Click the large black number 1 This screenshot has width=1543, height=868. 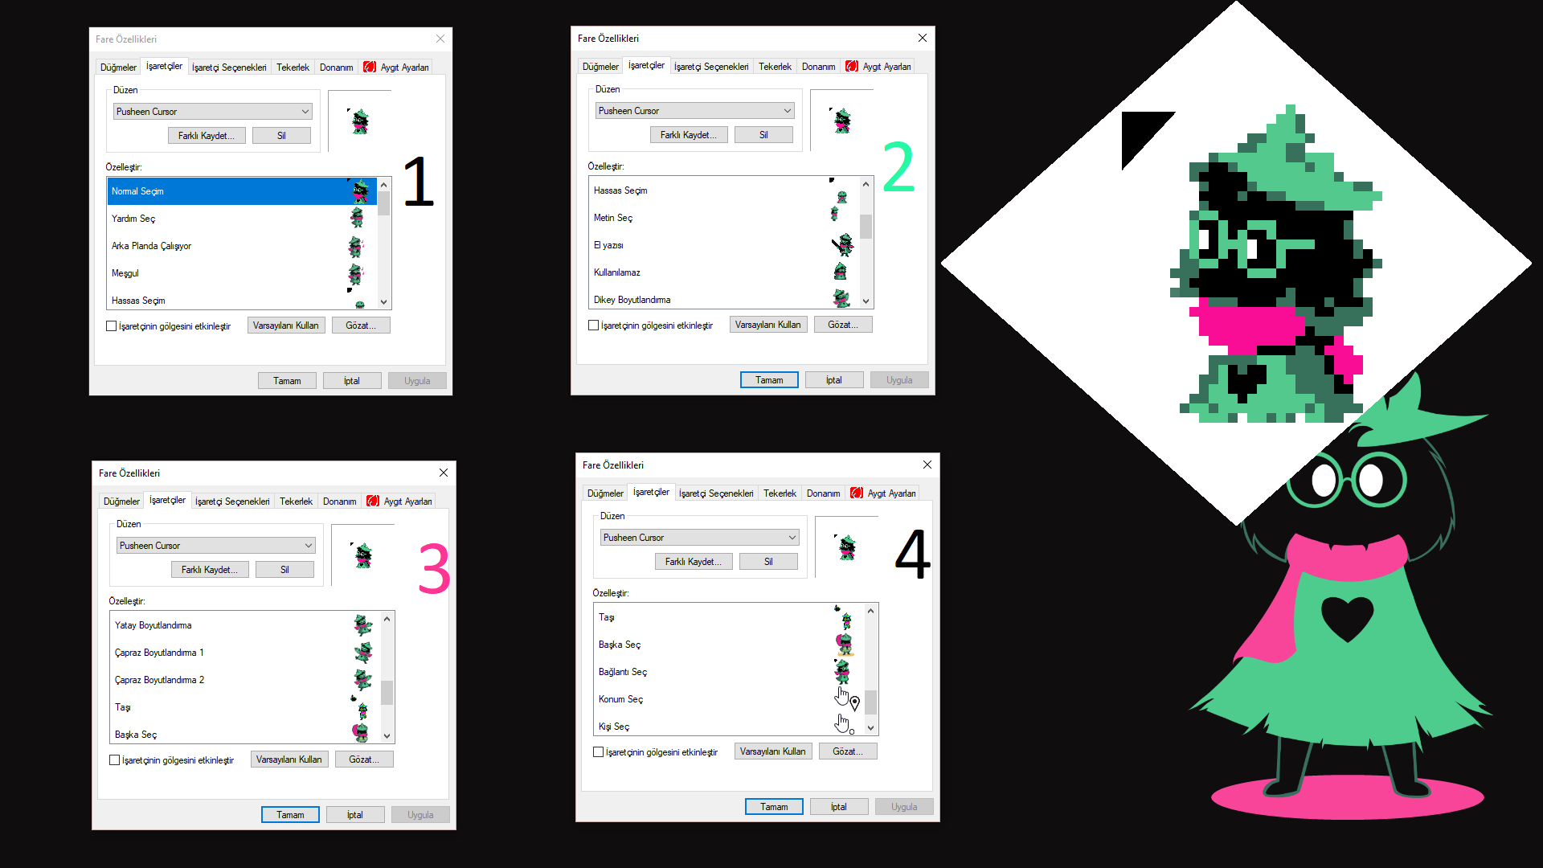419,182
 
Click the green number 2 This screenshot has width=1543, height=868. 898,167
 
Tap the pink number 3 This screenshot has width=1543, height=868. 434,569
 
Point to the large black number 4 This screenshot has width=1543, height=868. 913,554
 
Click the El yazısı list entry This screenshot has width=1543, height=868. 608,245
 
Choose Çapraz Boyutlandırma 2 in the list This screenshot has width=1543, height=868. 159,680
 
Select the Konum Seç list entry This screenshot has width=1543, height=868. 620,699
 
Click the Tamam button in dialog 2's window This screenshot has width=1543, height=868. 768,380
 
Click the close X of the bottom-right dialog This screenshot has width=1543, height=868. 927,465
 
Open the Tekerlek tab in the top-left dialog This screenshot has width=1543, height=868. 293,68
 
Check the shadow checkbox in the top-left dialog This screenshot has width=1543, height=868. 112,326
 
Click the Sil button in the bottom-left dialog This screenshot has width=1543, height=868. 284,570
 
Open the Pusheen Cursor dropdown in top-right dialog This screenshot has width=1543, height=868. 695,111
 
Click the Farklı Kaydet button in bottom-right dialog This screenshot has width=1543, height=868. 693,562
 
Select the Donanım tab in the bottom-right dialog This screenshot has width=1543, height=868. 823,493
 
